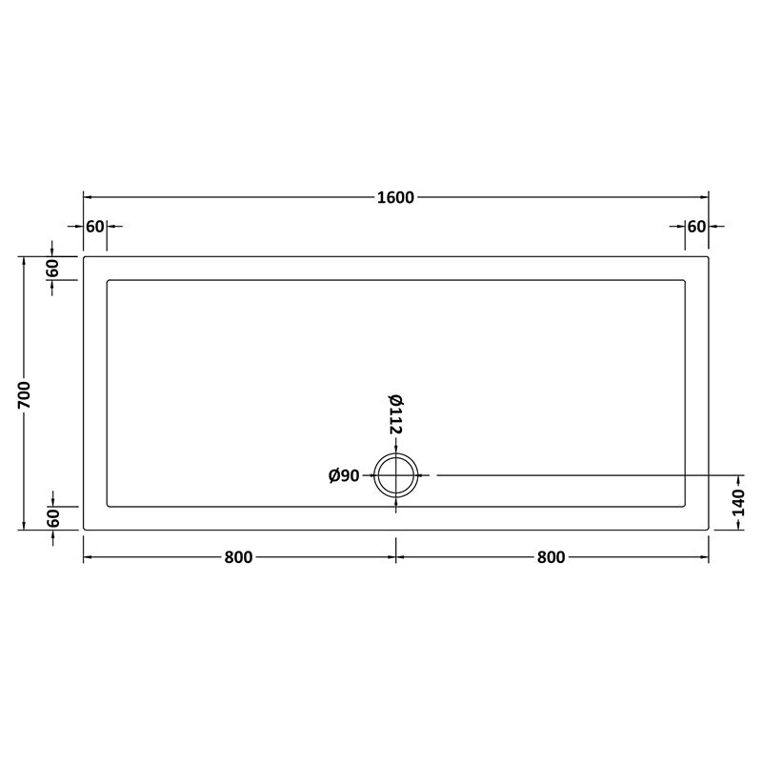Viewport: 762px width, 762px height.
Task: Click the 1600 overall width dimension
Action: coord(395,198)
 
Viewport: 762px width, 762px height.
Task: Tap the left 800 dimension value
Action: coord(239,557)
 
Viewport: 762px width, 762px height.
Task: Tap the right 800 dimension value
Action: coord(551,557)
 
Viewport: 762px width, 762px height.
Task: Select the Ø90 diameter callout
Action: coord(343,475)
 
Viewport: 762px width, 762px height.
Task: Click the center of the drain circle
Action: coord(395,475)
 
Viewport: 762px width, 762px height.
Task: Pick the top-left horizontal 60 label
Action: coord(94,227)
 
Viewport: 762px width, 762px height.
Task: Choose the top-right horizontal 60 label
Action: coord(696,227)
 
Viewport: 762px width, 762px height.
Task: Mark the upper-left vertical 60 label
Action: coord(53,268)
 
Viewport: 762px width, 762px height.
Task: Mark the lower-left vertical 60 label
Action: coord(53,518)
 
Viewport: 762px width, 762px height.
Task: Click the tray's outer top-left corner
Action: coord(84,256)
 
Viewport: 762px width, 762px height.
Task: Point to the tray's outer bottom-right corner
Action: coord(709,530)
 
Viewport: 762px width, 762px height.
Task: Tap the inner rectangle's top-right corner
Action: coord(685,280)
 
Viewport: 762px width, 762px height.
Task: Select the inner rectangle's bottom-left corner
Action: coord(108,506)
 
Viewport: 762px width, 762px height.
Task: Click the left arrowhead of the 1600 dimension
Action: coord(88,198)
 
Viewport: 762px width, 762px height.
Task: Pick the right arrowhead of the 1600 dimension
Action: coord(705,198)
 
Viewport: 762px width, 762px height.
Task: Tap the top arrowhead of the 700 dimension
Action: coord(25,260)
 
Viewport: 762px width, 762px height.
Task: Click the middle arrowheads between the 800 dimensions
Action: coord(395,557)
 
